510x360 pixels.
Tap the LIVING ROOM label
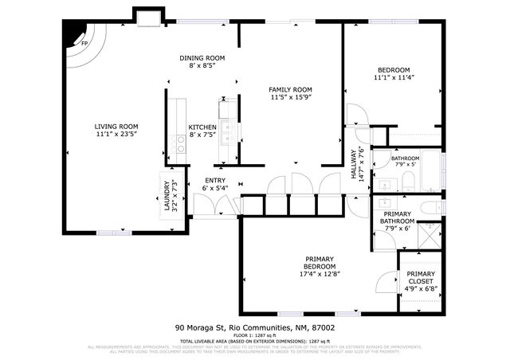[116, 126]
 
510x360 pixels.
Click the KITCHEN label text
[202, 127]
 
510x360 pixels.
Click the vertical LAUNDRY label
[167, 198]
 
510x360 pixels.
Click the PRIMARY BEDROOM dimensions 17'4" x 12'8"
[320, 276]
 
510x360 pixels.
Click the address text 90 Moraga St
[200, 327]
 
